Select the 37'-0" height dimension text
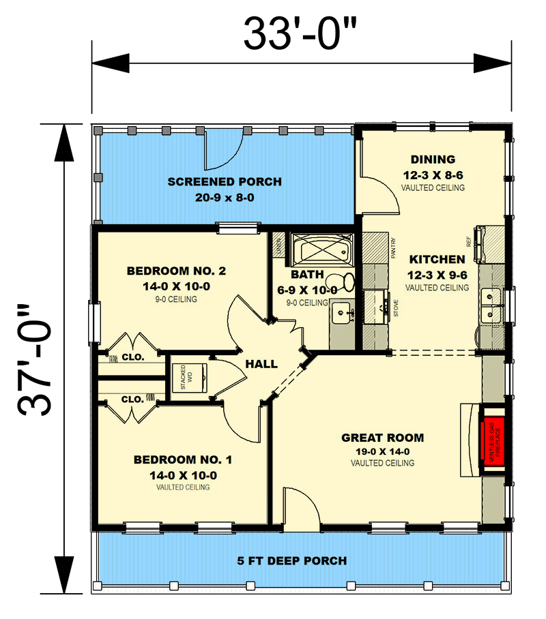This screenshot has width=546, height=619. coord(34,359)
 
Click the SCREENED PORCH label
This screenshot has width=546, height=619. coord(224,182)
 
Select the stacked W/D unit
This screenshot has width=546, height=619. coord(192,376)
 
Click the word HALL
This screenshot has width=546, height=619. coord(261,364)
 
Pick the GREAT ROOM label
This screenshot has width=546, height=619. coord(382,438)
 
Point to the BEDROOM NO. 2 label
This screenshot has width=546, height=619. coord(176,271)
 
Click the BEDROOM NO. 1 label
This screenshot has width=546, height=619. coord(182,459)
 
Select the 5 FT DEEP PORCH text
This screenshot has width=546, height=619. coord(291,561)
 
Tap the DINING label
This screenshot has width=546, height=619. coord(433,160)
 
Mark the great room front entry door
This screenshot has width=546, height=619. coord(301,513)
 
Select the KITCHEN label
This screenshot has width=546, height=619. coord(437,260)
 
